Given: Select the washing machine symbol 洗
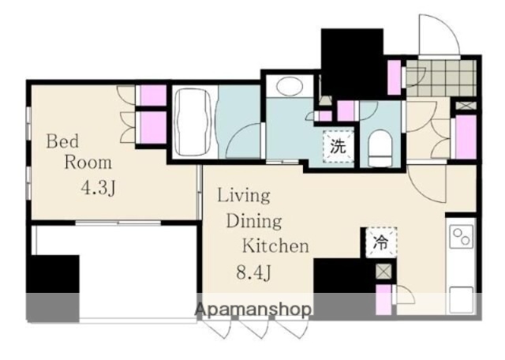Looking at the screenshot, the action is point(339,147).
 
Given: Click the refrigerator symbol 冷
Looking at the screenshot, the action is point(381,242).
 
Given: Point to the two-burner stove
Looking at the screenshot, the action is point(461,236).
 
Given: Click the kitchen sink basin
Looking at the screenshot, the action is point(461,299).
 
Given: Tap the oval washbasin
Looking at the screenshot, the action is point(290,86).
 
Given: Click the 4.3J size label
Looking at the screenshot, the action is point(98,187).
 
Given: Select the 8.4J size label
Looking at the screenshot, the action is point(254,272).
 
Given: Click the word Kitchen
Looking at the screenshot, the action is point(275,246).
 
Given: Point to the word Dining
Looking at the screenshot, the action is point(254,221).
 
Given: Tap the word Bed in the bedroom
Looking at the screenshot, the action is point(62,141).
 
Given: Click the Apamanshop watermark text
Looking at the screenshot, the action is point(253,309).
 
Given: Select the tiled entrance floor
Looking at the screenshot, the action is point(440,78).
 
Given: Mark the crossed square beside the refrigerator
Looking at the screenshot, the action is point(384,271).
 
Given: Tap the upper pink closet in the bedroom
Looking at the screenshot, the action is point(153,96).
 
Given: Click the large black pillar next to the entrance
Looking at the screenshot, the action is point(353,63).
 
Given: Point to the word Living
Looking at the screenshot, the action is point(244,196).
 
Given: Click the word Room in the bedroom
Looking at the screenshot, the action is point(88,163).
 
